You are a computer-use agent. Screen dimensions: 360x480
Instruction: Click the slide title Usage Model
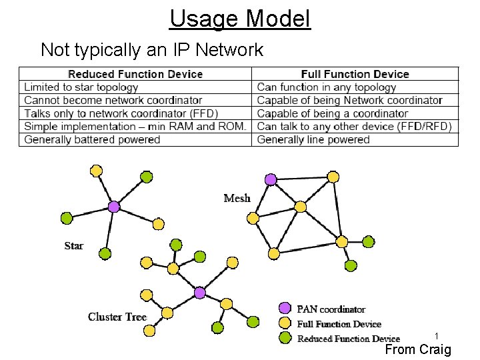[x=240, y=18]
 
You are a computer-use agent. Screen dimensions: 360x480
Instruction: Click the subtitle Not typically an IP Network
[x=152, y=49]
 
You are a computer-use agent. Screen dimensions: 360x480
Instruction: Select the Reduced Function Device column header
[x=135, y=74]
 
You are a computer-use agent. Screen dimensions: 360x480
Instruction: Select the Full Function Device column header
[x=355, y=74]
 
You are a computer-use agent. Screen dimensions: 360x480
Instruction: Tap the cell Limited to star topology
[x=81, y=87]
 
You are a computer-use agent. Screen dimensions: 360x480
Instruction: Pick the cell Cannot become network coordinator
[x=104, y=100]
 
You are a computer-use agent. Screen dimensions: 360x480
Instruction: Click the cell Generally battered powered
[x=92, y=139]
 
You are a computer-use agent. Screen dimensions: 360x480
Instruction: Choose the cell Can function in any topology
[x=327, y=87]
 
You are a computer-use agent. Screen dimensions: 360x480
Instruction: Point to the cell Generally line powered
[x=313, y=139]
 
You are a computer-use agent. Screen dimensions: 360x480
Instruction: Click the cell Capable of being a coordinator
[x=333, y=113]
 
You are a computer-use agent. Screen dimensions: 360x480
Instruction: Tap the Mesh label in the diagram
[x=237, y=198]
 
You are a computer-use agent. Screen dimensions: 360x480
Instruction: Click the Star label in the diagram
[x=74, y=246]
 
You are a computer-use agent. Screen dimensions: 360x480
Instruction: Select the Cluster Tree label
[x=117, y=317]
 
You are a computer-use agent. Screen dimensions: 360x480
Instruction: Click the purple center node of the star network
[x=114, y=207]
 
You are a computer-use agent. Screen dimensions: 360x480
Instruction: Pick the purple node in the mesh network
[x=271, y=179]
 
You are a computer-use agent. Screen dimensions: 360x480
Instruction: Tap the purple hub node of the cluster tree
[x=199, y=293]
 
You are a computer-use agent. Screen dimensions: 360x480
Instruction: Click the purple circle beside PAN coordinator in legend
[x=285, y=308]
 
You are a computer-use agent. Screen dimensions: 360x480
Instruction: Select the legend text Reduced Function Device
[x=348, y=339]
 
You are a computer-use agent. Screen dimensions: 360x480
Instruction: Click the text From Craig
[x=418, y=349]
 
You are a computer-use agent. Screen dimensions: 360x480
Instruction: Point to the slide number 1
[x=436, y=337]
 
